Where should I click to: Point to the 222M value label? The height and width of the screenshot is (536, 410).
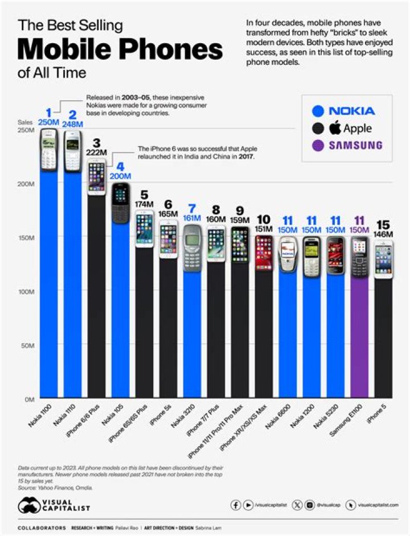(x=96, y=152)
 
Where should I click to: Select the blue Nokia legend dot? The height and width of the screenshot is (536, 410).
(x=319, y=110)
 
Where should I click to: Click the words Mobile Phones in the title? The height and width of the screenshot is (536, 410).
(x=120, y=50)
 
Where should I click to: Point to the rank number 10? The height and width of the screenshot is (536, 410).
(x=263, y=220)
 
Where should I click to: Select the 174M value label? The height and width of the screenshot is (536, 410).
(x=144, y=204)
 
